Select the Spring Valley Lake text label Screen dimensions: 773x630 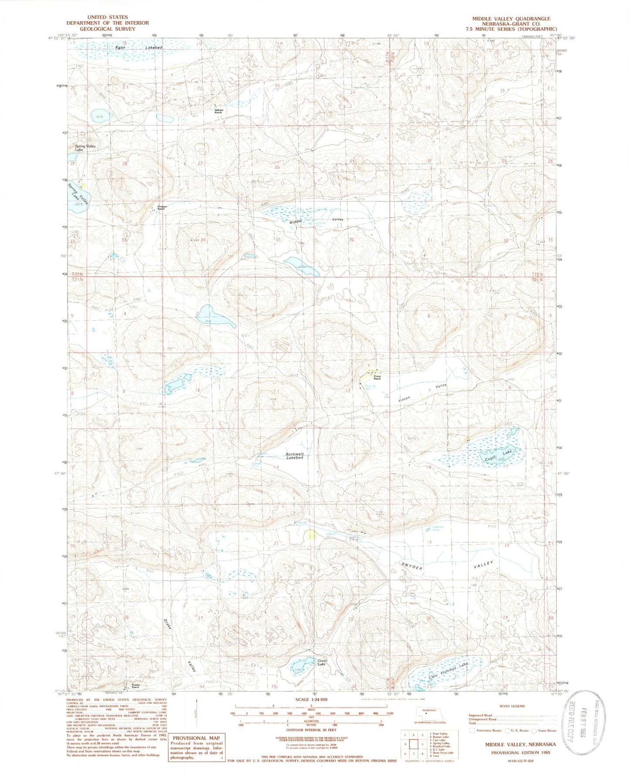point(85,148)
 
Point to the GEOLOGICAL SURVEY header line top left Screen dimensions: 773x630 point(107,29)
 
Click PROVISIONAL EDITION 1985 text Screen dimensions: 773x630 point(521,752)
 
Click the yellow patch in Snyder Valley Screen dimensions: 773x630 point(311,535)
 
